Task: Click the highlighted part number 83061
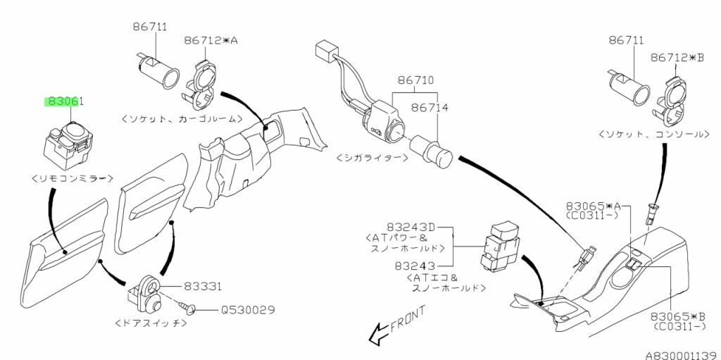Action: (65, 101)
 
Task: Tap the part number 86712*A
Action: (211, 42)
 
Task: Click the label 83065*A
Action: (594, 205)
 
